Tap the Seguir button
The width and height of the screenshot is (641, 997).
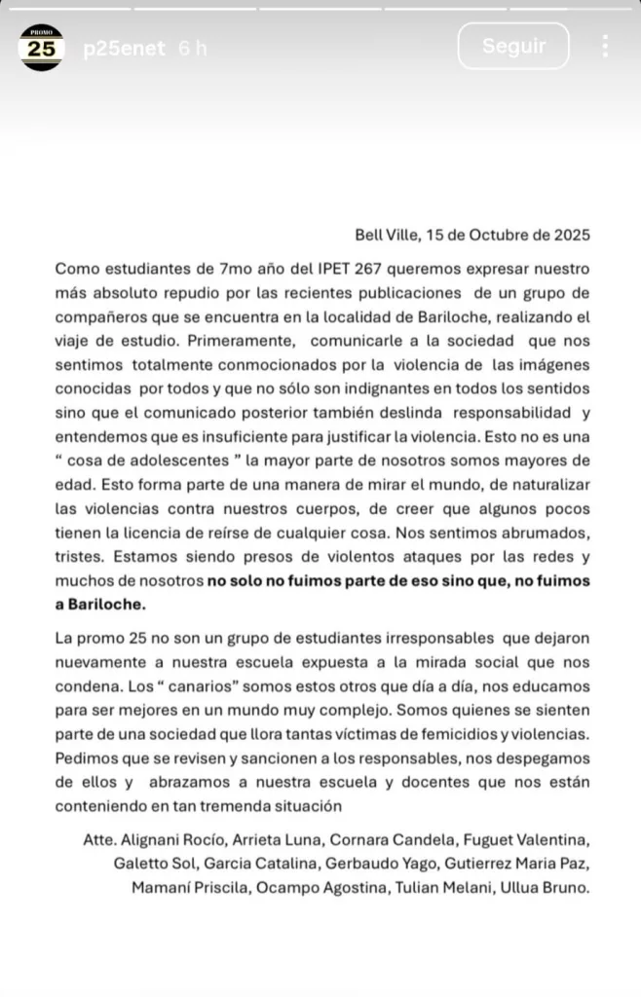(513, 46)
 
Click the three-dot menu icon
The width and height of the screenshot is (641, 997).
(605, 46)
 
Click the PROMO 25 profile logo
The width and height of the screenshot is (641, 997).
(41, 48)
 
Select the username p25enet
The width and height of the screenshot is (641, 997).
(123, 48)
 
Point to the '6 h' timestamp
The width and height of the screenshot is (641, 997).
(193, 48)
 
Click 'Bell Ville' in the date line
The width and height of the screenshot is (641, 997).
(388, 235)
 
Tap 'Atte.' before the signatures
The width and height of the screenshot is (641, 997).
(101, 840)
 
